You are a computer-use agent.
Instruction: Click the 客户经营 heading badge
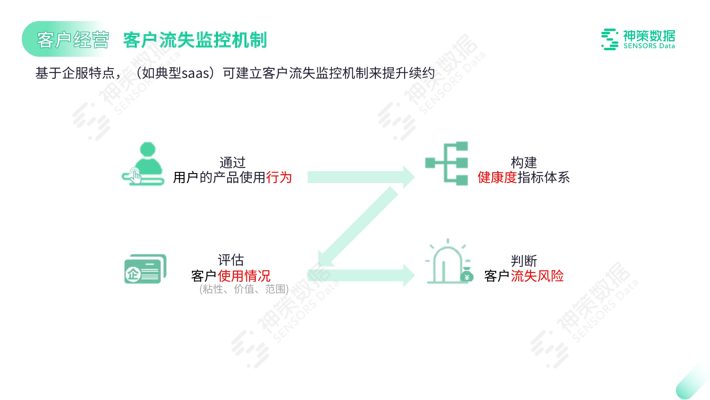pyautogui.click(x=73, y=40)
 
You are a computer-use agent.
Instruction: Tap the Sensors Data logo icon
pyautogui.click(x=609, y=39)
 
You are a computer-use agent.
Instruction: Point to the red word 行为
pyautogui.click(x=279, y=177)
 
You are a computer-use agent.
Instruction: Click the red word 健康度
pyautogui.click(x=497, y=177)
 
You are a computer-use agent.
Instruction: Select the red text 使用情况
pyautogui.click(x=244, y=275)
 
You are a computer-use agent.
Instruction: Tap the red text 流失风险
pyautogui.click(x=537, y=275)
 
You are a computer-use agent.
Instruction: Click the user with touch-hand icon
pyautogui.click(x=143, y=163)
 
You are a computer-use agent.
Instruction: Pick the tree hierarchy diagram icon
pyautogui.click(x=447, y=163)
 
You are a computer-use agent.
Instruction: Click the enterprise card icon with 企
pyautogui.click(x=145, y=269)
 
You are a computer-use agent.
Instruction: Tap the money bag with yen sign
pyautogui.click(x=467, y=275)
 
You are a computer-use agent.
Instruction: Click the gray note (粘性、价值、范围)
pyautogui.click(x=244, y=289)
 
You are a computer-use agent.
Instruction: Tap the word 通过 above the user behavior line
pyautogui.click(x=232, y=162)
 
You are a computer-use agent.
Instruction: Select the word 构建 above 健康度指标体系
pyautogui.click(x=523, y=162)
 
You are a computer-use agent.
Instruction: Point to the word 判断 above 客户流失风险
pyautogui.click(x=523, y=261)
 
